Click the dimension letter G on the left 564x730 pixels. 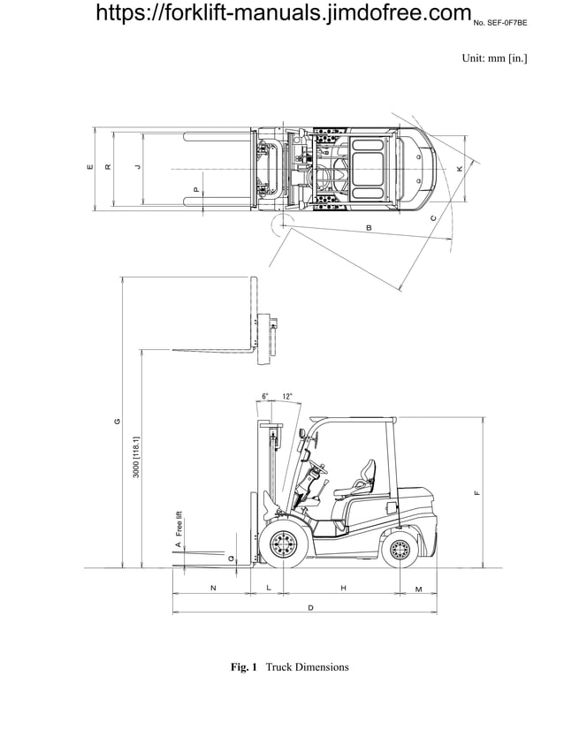[x=118, y=422]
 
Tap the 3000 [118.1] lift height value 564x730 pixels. [x=136, y=457]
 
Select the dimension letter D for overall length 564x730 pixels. [x=310, y=608]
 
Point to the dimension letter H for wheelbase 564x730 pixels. [x=343, y=588]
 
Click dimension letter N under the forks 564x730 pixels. [x=212, y=588]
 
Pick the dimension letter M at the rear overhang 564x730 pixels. [x=418, y=588]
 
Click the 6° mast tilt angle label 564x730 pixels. [x=265, y=397]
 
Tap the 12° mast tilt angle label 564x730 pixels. [x=287, y=397]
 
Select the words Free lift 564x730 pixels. [x=179, y=524]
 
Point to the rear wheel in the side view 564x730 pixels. [x=401, y=551]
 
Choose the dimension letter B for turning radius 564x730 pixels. [x=369, y=228]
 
